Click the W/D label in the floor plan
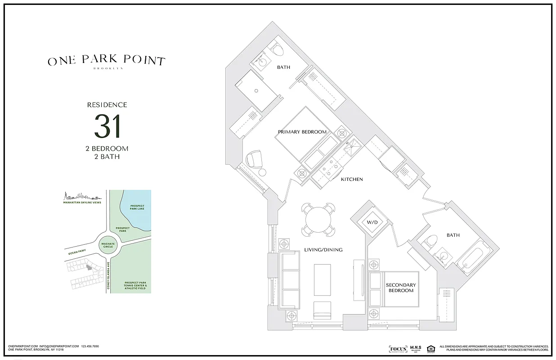(x=372, y=222)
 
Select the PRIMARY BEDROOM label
(x=302, y=132)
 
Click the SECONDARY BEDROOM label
(x=401, y=288)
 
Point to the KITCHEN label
(x=352, y=179)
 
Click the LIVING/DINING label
(x=323, y=250)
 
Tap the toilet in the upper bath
(x=278, y=50)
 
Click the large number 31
(x=108, y=127)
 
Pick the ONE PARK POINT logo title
(x=107, y=61)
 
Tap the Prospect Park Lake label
(x=137, y=207)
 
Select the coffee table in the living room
(x=322, y=279)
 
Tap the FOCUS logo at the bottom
(x=398, y=349)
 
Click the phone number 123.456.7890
(x=90, y=346)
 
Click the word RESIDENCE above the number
(x=107, y=105)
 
